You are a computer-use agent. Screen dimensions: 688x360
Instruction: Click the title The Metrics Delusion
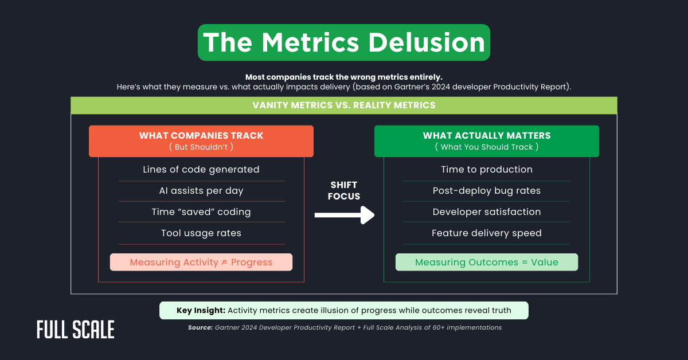pos(344,42)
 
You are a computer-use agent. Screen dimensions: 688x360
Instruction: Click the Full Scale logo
pos(76,330)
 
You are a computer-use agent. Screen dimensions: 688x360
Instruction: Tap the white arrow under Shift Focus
pos(344,216)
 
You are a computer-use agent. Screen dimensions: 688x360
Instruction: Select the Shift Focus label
pos(345,190)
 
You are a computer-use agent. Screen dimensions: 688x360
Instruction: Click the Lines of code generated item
pos(201,170)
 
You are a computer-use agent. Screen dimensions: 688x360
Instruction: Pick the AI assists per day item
pos(201,190)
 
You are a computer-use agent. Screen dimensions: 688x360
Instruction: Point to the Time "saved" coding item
pos(201,212)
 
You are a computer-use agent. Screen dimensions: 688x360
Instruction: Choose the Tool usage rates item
pos(201,233)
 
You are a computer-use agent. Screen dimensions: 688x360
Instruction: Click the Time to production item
pos(487,170)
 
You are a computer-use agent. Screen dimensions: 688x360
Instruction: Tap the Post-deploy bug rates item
pos(487,190)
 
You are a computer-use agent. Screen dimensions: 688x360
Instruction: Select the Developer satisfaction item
pos(487,212)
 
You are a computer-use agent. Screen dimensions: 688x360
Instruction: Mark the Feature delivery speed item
pos(487,233)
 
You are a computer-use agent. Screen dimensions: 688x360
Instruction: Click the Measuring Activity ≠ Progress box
pos(201,263)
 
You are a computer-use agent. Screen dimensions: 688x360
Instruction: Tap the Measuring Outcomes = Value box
pos(487,263)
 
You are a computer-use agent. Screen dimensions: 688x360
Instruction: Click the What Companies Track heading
pos(201,136)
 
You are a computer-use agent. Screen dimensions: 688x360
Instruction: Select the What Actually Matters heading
pos(487,136)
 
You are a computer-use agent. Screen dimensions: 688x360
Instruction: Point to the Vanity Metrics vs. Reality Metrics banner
pos(344,105)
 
